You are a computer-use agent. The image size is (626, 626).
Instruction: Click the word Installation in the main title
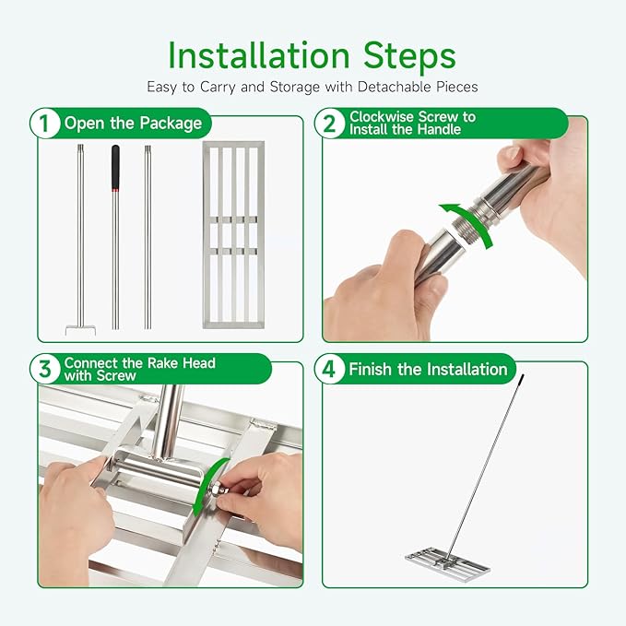[x=259, y=55]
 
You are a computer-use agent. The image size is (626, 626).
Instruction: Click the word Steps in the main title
[x=409, y=55]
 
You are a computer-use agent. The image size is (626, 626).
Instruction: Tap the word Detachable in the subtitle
[x=394, y=87]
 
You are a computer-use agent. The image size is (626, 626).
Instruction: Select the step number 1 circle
[x=44, y=124]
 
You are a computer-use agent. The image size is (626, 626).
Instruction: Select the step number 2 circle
[x=329, y=124]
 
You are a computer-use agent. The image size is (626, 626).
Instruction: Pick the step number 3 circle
[x=44, y=369]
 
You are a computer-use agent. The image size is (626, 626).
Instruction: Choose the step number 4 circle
[x=329, y=369]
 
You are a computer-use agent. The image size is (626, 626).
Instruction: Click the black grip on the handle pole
[x=115, y=167]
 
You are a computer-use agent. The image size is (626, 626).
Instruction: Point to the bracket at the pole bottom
[x=80, y=330]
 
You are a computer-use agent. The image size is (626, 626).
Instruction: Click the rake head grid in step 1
[x=233, y=235]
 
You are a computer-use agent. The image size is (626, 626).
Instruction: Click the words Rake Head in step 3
[x=182, y=363]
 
